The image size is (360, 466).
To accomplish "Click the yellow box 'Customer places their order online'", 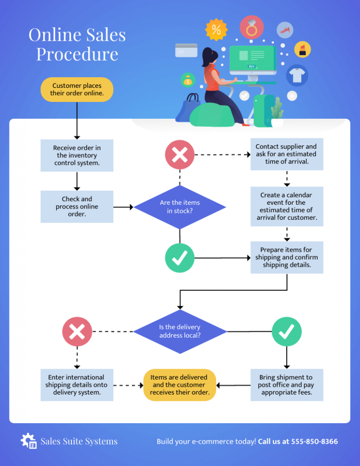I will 77,89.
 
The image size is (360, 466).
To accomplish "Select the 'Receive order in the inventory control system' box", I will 77,155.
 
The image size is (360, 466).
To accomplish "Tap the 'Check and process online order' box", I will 77,207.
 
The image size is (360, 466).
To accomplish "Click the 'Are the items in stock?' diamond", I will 180,207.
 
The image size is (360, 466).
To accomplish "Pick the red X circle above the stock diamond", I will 180,155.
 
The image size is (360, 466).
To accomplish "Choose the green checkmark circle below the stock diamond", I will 180,258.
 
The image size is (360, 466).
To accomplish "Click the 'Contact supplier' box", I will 287,154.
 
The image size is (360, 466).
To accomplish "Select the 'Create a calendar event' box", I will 287,206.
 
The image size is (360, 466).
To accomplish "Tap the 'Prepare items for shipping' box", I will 287,257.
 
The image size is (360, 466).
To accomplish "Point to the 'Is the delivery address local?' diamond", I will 180,331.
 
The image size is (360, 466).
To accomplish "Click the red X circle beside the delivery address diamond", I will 77,331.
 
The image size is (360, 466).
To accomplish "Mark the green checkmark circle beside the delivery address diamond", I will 287,331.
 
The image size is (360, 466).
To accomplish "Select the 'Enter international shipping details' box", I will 77,385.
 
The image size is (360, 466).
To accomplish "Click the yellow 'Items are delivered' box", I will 180,385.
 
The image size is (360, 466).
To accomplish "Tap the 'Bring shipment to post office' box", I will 287,385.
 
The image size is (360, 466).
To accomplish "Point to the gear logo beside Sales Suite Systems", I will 29,441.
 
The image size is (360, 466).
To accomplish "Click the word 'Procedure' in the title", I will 77,54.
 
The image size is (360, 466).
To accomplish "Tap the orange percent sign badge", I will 216,30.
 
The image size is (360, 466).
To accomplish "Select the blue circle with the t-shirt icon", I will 297,76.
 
